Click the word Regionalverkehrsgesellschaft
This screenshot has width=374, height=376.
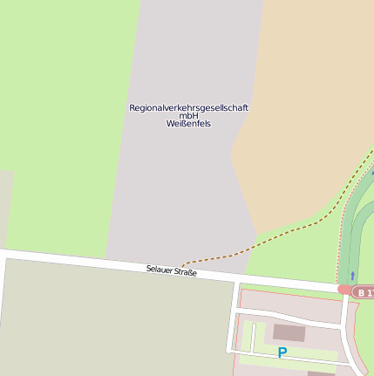(188, 107)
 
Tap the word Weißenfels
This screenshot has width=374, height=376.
(188, 124)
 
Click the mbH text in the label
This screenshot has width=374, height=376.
(188, 115)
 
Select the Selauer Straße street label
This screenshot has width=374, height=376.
(172, 272)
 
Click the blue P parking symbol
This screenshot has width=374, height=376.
(282, 352)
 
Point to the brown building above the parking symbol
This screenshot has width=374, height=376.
(289, 332)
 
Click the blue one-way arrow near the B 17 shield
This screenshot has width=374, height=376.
(352, 276)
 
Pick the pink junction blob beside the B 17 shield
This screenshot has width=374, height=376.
(345, 290)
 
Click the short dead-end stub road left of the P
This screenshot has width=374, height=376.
(253, 336)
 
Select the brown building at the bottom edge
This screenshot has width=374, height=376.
(321, 373)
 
